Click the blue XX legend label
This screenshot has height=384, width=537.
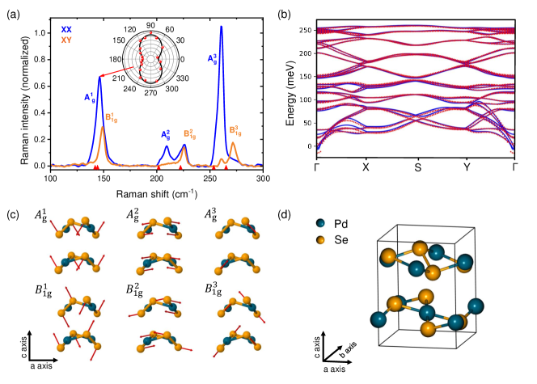[66, 29]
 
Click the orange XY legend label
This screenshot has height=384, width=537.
[66, 39]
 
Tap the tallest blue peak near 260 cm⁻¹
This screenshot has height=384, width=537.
[221, 27]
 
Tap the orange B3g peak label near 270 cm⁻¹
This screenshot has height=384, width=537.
[235, 129]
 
